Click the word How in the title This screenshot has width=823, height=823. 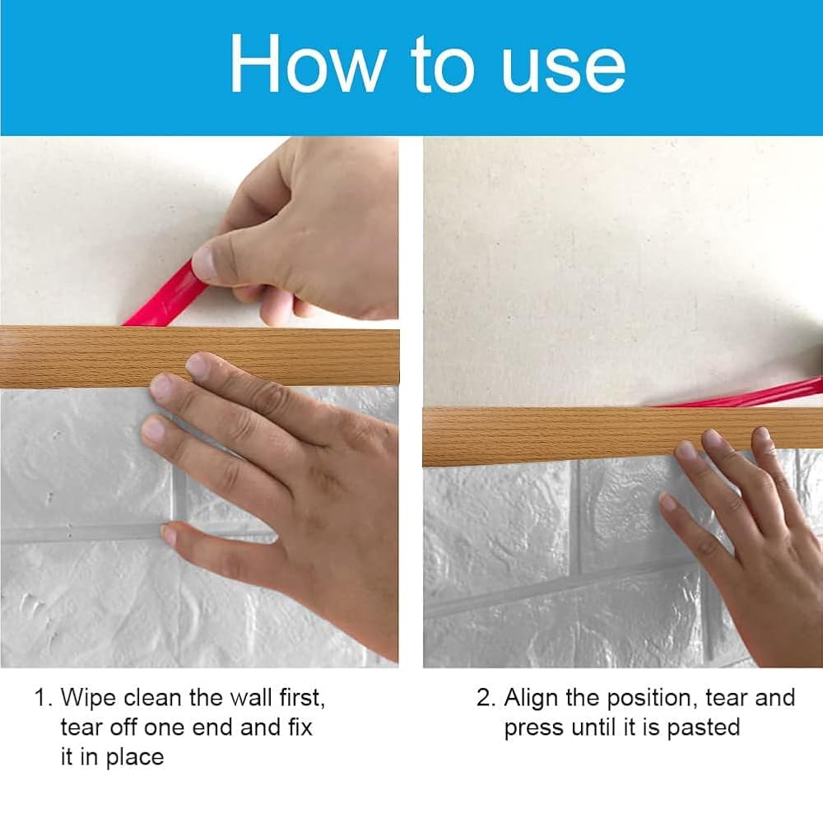(x=308, y=64)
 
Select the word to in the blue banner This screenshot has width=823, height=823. (x=443, y=65)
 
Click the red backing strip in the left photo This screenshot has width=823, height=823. (x=164, y=295)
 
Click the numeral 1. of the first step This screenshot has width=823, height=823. (x=44, y=698)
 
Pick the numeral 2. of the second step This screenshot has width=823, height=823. (x=486, y=698)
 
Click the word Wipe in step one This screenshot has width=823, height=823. (x=88, y=699)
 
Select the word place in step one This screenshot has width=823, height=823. (x=136, y=758)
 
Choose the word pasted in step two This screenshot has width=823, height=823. (x=704, y=728)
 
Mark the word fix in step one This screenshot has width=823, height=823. (x=300, y=728)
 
